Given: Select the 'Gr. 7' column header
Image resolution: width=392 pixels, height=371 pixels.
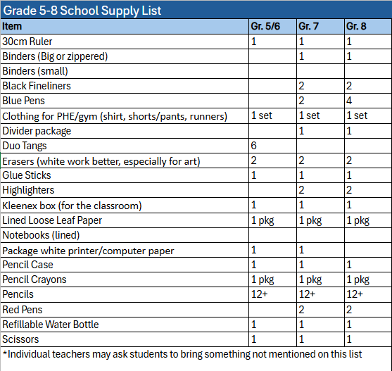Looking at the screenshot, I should [x=309, y=26].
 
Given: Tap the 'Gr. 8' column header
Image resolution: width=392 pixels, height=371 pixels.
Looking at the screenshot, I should [x=356, y=26].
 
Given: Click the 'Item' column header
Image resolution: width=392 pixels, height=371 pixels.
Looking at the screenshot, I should [x=12, y=26].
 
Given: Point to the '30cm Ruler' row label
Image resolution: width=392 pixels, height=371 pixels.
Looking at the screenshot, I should [x=27, y=41].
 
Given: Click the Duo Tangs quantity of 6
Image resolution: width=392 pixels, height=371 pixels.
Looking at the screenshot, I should [x=254, y=146].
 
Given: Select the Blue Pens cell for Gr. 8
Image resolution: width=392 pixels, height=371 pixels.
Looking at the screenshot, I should [x=349, y=101].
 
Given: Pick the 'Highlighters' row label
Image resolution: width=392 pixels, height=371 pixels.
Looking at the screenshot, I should [x=28, y=190].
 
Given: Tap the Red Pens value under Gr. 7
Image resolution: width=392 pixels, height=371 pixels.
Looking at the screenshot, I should [x=301, y=310].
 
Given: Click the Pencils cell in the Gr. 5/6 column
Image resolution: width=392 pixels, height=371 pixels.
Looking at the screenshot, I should [x=259, y=294].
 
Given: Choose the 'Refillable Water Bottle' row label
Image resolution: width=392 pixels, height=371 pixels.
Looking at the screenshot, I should [x=51, y=325].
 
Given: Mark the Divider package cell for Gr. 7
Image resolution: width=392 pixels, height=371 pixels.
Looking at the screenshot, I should [x=301, y=131].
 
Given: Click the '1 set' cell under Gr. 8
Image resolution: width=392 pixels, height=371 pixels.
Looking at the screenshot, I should [x=357, y=115].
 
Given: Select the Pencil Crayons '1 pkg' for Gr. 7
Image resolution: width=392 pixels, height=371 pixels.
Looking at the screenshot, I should [x=310, y=279].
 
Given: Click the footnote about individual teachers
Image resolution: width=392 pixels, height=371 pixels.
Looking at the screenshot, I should [x=183, y=354].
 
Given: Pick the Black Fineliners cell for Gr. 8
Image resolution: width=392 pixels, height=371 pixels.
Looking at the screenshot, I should [x=349, y=86].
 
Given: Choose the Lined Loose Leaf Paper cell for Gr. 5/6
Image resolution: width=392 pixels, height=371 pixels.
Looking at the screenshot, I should [x=263, y=220].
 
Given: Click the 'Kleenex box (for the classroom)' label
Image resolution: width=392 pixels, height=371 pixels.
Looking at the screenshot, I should [x=72, y=206].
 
